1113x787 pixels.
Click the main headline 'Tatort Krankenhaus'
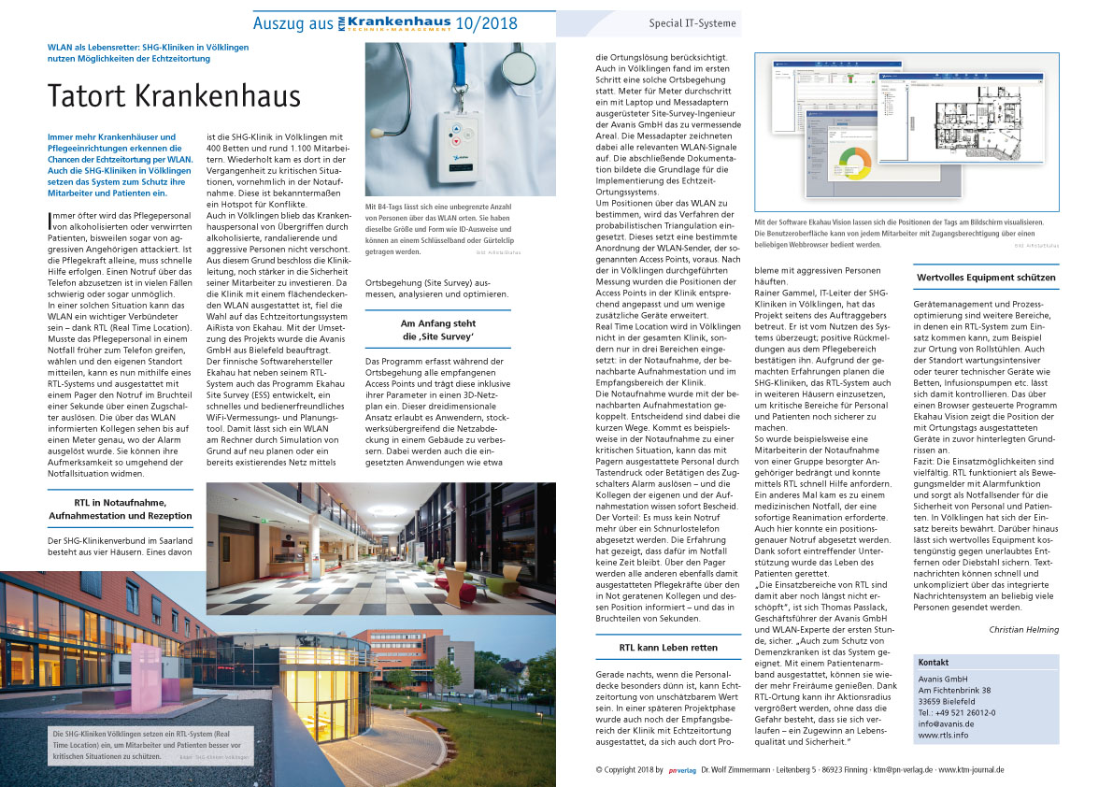coord(175,95)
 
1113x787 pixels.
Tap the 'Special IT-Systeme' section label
coord(692,23)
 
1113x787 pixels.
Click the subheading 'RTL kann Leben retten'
coord(668,647)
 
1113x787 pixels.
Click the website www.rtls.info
coord(942,736)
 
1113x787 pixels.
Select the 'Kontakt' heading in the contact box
coord(935,662)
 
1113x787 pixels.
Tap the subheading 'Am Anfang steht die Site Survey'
coord(437,329)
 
